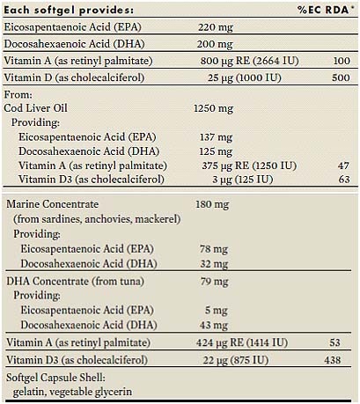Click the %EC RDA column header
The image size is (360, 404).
[324, 10]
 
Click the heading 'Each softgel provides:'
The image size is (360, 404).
[69, 11]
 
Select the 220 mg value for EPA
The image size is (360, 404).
[216, 27]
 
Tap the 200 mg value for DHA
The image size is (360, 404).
[215, 44]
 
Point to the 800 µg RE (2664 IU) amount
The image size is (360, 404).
[250, 61]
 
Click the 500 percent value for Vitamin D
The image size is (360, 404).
[341, 77]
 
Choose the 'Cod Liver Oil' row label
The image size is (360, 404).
[35, 108]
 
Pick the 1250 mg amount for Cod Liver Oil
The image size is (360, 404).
[214, 108]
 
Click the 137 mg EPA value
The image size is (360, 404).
[217, 137]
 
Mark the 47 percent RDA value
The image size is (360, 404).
[343, 165]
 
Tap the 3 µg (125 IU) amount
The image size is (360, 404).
[243, 180]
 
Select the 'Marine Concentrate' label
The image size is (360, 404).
[53, 204]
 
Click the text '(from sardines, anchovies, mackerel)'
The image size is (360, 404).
[97, 219]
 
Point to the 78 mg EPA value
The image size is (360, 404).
[214, 249]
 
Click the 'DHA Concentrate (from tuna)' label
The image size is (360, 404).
[76, 282]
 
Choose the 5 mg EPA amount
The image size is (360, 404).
[217, 311]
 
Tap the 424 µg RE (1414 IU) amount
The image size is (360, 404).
[242, 342]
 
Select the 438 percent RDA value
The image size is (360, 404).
[333, 360]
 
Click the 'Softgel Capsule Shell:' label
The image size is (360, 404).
[55, 378]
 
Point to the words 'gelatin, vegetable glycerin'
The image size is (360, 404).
[72, 392]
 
